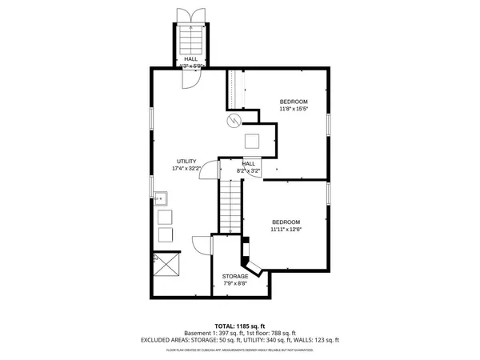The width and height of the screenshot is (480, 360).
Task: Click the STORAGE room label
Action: (x=234, y=276)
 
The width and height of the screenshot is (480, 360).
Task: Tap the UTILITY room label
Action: (x=186, y=161)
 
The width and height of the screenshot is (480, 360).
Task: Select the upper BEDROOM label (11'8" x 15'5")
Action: (x=293, y=102)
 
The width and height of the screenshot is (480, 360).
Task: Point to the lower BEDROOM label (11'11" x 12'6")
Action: (x=286, y=222)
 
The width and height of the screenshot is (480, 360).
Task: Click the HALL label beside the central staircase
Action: (x=249, y=163)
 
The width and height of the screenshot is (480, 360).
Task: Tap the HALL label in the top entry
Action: (x=190, y=58)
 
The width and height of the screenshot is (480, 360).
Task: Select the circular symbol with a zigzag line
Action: (x=234, y=121)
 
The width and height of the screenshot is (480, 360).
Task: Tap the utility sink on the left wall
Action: (x=160, y=196)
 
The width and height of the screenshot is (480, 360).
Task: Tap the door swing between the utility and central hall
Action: (x=208, y=170)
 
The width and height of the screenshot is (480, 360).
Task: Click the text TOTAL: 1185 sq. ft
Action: (x=240, y=326)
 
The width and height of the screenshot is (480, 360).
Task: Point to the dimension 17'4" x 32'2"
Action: (x=186, y=169)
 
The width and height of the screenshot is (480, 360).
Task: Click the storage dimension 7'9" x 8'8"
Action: (x=234, y=283)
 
